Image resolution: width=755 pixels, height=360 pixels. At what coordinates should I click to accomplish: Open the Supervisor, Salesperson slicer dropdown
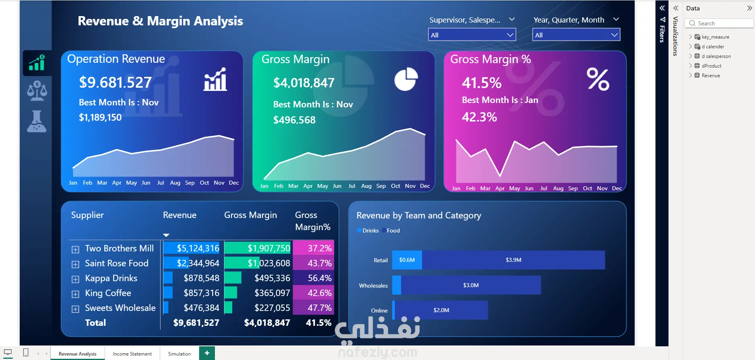pyautogui.click(x=472, y=35)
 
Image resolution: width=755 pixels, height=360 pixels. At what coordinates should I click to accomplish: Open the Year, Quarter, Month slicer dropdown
pyautogui.click(x=576, y=35)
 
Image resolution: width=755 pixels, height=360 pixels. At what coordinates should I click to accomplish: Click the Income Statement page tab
pyautogui.click(x=132, y=354)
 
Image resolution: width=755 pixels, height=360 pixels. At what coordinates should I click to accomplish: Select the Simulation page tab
pyautogui.click(x=179, y=354)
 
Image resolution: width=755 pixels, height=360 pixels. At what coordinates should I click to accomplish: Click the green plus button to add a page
pyautogui.click(x=207, y=353)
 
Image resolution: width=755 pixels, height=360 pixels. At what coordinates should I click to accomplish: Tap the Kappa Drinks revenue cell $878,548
pyautogui.click(x=201, y=278)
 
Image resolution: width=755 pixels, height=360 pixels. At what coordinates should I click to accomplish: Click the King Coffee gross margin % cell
pyautogui.click(x=320, y=293)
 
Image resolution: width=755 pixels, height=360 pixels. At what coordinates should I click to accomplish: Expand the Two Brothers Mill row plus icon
pyautogui.click(x=75, y=249)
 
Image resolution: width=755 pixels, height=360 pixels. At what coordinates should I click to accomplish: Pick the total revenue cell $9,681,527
pyautogui.click(x=196, y=323)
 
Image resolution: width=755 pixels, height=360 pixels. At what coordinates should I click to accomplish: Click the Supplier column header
pyautogui.click(x=87, y=215)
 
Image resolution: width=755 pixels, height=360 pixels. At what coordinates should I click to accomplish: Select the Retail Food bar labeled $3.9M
pyautogui.click(x=513, y=260)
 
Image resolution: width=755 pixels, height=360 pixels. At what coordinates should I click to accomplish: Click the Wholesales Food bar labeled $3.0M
pyautogui.click(x=470, y=285)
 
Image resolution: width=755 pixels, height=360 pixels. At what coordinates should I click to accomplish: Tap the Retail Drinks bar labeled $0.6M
pyautogui.click(x=407, y=260)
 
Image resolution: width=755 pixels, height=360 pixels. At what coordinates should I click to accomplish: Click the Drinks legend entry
pyautogui.click(x=370, y=230)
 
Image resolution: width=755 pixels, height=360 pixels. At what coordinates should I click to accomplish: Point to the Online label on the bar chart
pyautogui.click(x=379, y=311)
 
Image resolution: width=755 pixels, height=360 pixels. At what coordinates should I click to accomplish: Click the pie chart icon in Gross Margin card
pyautogui.click(x=406, y=79)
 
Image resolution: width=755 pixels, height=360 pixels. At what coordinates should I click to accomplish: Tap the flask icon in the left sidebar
pyautogui.click(x=37, y=121)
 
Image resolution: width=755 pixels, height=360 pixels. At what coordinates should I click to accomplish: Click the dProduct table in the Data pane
pyautogui.click(x=711, y=66)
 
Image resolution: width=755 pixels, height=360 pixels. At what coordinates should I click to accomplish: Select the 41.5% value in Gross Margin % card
pyautogui.click(x=481, y=83)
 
